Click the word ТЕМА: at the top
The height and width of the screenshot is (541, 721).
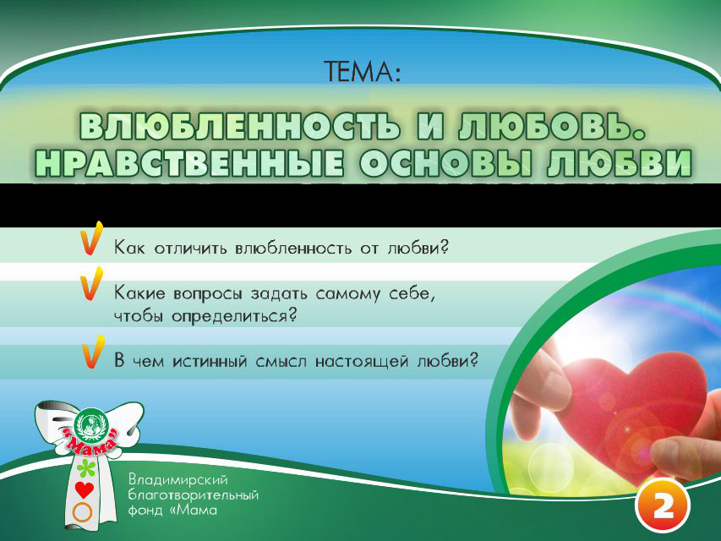pyautogui.click(x=360, y=73)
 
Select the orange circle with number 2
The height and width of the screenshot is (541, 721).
pyautogui.click(x=663, y=505)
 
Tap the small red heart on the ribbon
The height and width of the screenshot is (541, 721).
pyautogui.click(x=83, y=490)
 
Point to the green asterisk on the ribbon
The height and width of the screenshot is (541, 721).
pyautogui.click(x=83, y=469)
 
